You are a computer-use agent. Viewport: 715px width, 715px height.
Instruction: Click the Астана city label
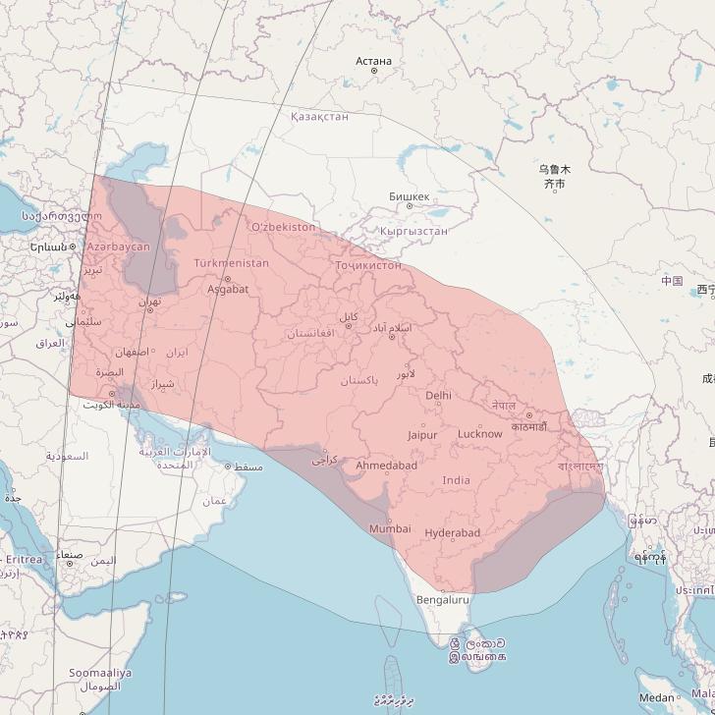pyautogui.click(x=373, y=61)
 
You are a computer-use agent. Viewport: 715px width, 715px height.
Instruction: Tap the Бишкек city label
pyautogui.click(x=409, y=196)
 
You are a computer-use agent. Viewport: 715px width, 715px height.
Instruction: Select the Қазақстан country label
pyautogui.click(x=319, y=116)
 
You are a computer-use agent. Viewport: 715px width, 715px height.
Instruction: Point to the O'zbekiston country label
pyautogui.click(x=284, y=227)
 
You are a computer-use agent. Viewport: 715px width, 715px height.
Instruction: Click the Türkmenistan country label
pyautogui.click(x=231, y=263)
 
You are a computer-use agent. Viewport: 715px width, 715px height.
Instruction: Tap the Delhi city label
pyautogui.click(x=439, y=395)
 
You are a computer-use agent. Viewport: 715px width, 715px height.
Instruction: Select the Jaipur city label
pyautogui.click(x=421, y=434)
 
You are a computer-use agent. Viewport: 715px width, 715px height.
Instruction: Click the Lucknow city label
pyautogui.click(x=479, y=433)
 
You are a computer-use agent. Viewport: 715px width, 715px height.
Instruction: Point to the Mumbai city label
pyautogui.click(x=390, y=528)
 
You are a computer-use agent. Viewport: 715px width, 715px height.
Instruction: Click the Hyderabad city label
pyautogui.click(x=453, y=532)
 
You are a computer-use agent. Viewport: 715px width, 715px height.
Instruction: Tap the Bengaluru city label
pyautogui.click(x=443, y=599)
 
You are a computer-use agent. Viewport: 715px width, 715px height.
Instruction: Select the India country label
pyautogui.click(x=456, y=479)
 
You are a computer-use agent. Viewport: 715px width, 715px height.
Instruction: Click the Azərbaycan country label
pyautogui.click(x=119, y=247)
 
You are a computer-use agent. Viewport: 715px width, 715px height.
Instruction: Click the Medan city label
pyautogui.click(x=655, y=698)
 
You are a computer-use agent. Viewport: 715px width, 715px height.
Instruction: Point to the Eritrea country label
pyautogui.click(x=24, y=559)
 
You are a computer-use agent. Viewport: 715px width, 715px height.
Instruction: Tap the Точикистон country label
pyautogui.click(x=367, y=265)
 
